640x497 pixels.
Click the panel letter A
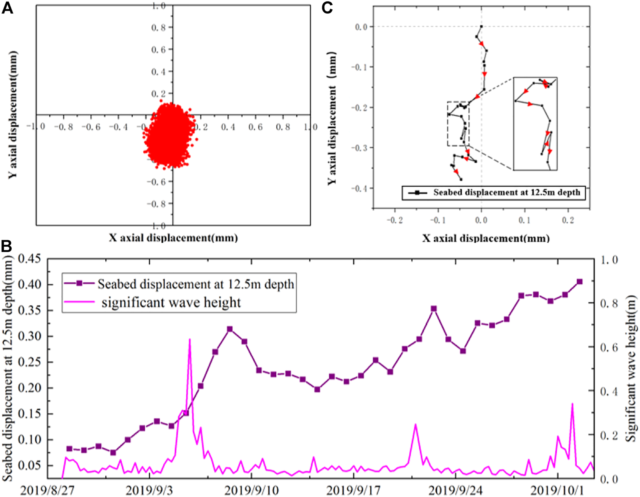pos(8,8)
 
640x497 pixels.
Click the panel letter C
pos(328,8)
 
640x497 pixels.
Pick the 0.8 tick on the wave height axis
pos(609,303)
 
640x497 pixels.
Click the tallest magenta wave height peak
pos(189,339)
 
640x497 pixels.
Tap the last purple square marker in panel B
pos(580,282)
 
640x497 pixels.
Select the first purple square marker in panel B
pos(69,449)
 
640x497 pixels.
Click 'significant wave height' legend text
pos(171,303)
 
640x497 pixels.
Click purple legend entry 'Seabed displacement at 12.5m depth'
pos(195,284)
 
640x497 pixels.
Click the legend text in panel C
pos(507,193)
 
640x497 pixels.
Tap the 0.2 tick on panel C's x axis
pos(568,220)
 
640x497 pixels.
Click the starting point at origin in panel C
pos(481,26)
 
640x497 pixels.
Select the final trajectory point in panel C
pos(461,180)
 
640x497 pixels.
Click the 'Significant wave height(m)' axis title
pos(631,368)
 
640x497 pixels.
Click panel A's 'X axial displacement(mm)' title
pos(173,238)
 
